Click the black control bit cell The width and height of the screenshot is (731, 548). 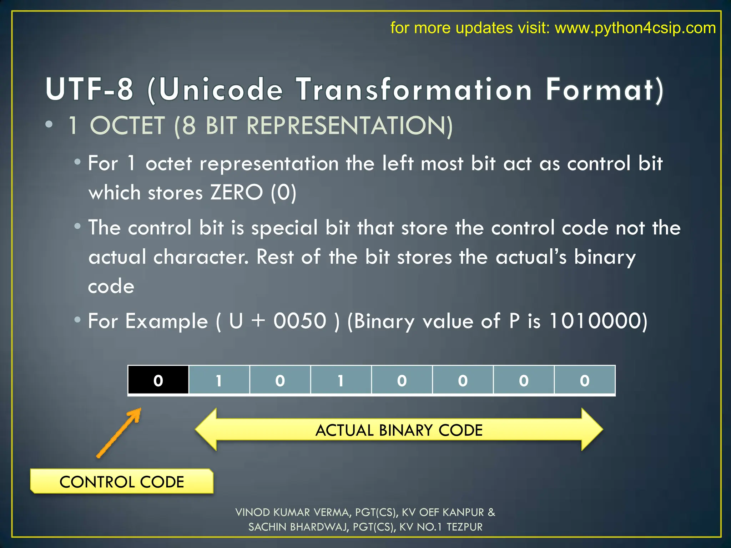coord(158,380)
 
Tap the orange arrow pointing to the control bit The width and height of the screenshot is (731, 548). coord(119,432)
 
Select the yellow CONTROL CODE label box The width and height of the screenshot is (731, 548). coord(122,482)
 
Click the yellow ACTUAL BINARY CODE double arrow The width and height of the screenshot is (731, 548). coord(399,430)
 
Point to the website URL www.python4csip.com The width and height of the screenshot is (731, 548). coord(635,28)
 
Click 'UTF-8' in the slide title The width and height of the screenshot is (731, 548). coord(90,89)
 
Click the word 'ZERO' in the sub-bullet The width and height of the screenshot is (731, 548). coord(236,193)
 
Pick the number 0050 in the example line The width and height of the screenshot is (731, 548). coord(300,321)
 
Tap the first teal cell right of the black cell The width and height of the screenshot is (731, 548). coord(219,380)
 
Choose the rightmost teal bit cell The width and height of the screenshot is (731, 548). coord(585,380)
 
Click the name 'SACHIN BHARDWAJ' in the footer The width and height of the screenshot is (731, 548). coord(298,527)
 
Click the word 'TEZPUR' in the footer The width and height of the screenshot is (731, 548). coord(464,527)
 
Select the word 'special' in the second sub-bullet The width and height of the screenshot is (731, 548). coord(284,228)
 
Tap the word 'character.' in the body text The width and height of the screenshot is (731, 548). coord(201,257)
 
